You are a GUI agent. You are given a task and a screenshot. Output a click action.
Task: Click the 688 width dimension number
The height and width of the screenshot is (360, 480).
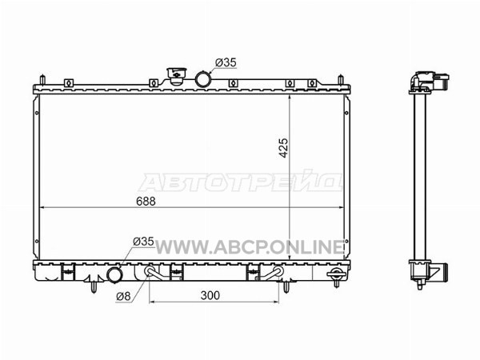(x=146, y=201)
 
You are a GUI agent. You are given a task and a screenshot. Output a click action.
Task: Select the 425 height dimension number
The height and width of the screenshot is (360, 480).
(x=284, y=148)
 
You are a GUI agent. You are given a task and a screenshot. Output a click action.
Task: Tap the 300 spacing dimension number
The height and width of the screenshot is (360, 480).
(x=210, y=295)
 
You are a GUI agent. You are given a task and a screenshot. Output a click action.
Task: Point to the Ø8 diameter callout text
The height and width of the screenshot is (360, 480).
(x=123, y=296)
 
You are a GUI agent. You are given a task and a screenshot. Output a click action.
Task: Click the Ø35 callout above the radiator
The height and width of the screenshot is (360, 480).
(x=226, y=62)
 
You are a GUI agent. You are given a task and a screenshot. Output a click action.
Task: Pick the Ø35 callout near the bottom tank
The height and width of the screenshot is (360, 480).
(x=143, y=242)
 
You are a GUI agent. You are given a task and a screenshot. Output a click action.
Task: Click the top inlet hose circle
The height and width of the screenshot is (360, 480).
(x=202, y=79)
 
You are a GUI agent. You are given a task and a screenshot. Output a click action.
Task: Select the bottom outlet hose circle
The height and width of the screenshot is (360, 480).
(x=114, y=275)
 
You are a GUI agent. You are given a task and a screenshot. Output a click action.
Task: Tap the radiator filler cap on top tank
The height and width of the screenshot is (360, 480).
(x=176, y=76)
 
